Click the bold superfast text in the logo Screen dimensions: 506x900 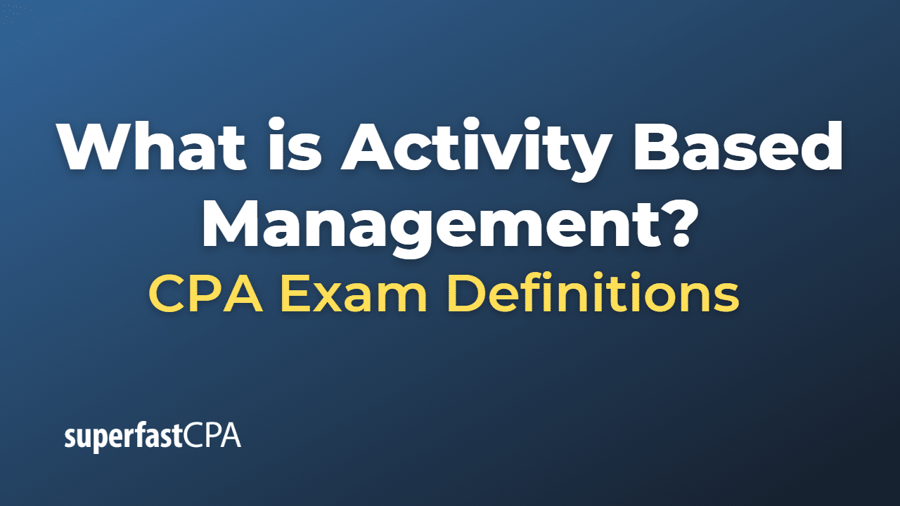(124, 437)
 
